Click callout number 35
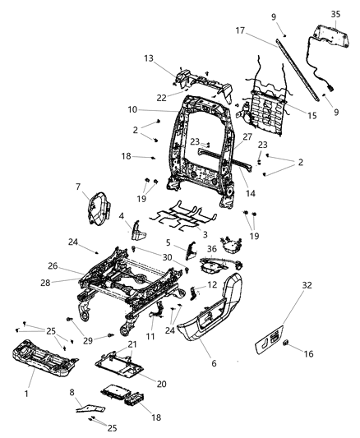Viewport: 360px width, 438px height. pos(335,14)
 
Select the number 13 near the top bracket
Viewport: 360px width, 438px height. pos(149,59)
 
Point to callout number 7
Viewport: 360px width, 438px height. pos(100,187)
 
